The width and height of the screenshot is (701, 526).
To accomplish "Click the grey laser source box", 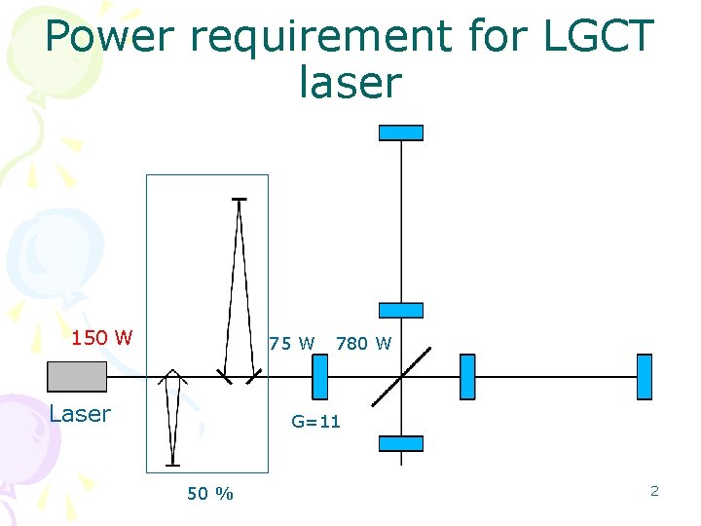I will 77,376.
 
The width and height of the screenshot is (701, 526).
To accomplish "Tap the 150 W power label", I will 102,339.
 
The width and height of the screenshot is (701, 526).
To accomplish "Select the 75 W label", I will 292,343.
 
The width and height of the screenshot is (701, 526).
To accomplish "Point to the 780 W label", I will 363,343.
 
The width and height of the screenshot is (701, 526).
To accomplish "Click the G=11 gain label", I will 316,422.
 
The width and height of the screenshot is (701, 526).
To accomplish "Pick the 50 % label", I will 210,494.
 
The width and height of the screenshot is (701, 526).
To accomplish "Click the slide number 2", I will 654,491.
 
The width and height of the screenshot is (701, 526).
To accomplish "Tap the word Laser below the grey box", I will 80,414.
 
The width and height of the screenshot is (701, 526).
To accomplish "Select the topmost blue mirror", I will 401,132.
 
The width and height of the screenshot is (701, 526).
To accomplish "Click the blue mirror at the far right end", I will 644,377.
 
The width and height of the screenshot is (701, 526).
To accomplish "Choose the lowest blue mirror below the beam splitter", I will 401,443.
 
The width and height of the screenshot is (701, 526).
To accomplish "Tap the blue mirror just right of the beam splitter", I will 467,377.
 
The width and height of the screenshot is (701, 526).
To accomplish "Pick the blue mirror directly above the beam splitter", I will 401,310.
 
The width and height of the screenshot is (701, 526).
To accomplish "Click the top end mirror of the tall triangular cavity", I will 239,200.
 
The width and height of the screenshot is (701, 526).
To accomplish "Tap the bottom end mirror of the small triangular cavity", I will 172,465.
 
